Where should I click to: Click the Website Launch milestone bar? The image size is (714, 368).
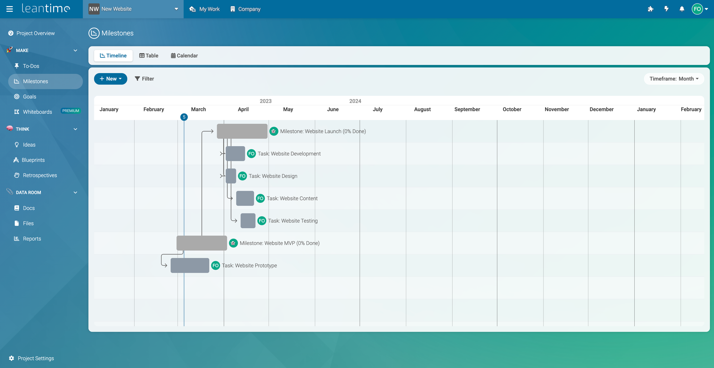(x=242, y=131)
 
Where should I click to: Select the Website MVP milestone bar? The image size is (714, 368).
(x=202, y=243)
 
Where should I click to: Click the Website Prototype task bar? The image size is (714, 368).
(x=190, y=266)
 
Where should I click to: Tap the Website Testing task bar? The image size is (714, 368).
(x=248, y=221)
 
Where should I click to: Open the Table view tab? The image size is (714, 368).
(x=149, y=56)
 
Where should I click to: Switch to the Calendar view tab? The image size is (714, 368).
(x=184, y=56)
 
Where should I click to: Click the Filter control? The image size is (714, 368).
(x=144, y=79)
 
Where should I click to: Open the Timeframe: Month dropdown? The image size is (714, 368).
(x=674, y=79)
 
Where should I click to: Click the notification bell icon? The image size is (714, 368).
(x=682, y=9)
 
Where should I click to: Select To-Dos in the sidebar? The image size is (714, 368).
(x=31, y=66)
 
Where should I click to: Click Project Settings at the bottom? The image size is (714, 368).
(x=36, y=358)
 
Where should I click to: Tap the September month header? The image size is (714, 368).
(x=467, y=109)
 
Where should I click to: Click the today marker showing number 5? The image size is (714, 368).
(x=184, y=117)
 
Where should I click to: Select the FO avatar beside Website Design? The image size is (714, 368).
(x=242, y=176)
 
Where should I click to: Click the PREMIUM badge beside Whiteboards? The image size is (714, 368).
(x=71, y=111)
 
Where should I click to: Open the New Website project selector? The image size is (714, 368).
(x=133, y=9)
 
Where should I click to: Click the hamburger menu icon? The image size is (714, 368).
(x=10, y=9)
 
